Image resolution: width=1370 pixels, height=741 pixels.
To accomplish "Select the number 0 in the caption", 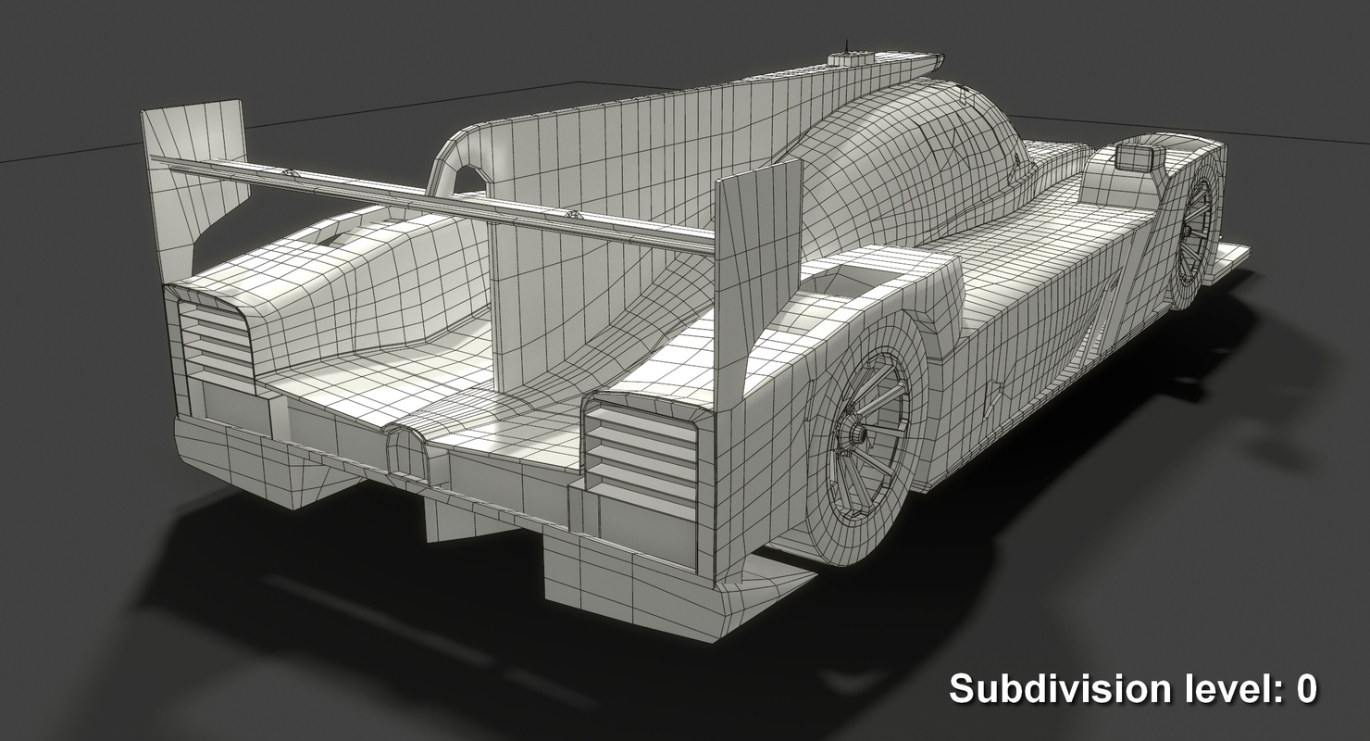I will coord(1305,689).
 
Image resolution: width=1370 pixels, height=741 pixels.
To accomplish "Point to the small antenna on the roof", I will coord(845,44).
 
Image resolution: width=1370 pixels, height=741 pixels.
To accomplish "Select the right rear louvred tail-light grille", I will coord(642,454).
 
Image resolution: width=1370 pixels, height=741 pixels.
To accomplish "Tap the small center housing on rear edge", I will coord(407,454).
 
